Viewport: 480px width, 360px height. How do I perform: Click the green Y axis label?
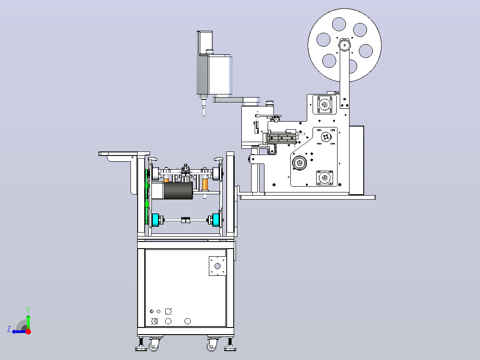[x=28, y=310]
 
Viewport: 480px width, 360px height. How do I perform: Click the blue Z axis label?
[x=9, y=329]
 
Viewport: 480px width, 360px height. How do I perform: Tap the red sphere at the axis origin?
[x=28, y=331]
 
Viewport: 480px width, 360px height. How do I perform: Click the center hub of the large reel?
[x=344, y=45]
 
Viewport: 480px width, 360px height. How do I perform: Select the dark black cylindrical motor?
[x=178, y=191]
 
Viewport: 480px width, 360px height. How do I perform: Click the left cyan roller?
[x=155, y=220]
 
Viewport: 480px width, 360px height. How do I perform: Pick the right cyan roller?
[x=216, y=220]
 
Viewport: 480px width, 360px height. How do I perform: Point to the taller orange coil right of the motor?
[x=205, y=184]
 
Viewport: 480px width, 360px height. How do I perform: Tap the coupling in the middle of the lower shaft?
[x=186, y=220]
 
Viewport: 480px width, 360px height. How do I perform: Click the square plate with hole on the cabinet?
[x=217, y=266]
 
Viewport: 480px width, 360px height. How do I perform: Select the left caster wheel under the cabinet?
[x=154, y=345]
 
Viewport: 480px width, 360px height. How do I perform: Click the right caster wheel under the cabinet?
[x=212, y=345]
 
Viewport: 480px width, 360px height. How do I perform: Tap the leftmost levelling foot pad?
[x=141, y=348]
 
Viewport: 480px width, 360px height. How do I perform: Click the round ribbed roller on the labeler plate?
[x=299, y=163]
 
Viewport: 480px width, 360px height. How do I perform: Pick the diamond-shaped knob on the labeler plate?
[x=326, y=137]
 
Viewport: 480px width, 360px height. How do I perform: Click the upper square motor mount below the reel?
[x=325, y=104]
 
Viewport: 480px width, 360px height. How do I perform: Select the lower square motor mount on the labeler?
[x=324, y=178]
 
